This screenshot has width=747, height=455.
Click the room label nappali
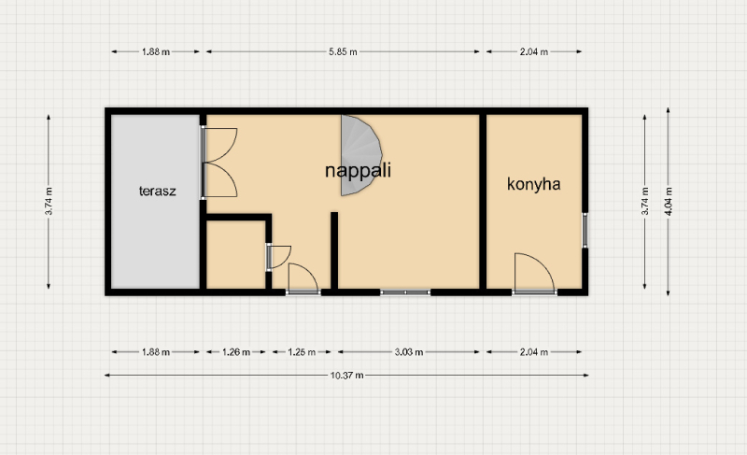(358, 171)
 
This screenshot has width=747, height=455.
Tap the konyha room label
(533, 184)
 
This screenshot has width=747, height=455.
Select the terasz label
(157, 191)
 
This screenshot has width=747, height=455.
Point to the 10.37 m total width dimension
(346, 376)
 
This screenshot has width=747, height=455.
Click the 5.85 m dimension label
(343, 52)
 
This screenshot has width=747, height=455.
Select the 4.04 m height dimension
(669, 201)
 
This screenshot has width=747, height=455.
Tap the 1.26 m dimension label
(236, 352)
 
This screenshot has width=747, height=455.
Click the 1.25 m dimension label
(302, 352)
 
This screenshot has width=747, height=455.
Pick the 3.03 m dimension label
(409, 352)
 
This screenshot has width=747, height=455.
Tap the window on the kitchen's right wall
(585, 230)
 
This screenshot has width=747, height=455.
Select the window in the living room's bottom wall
(405, 292)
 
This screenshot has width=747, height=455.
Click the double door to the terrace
(218, 163)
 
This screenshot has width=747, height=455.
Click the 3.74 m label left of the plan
(49, 201)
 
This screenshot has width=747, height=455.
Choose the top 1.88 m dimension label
(156, 52)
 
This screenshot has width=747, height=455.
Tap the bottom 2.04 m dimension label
(534, 352)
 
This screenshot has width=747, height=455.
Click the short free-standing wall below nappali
(334, 250)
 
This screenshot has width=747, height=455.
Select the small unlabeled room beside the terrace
(236, 255)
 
